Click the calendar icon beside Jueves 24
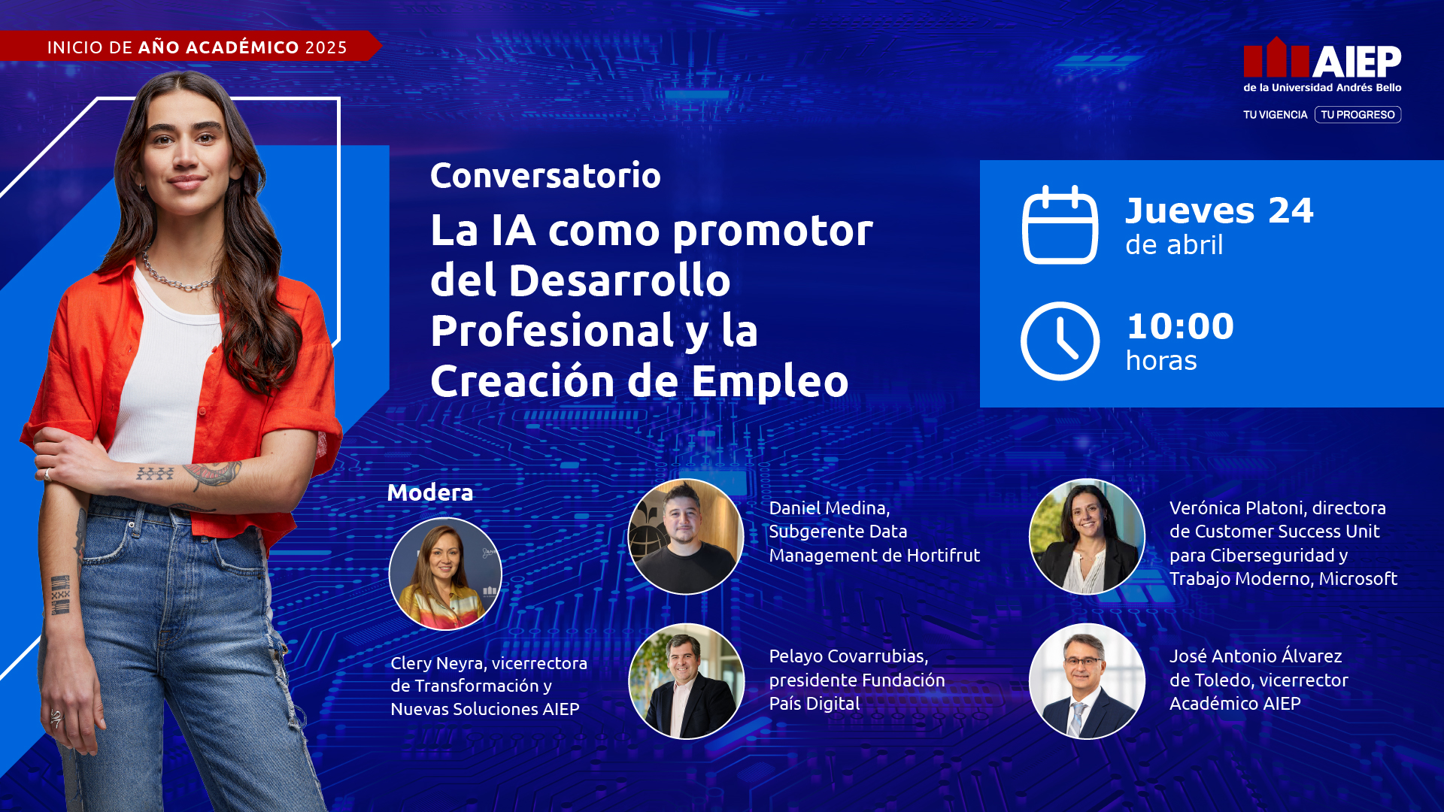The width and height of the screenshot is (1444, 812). click(1060, 225)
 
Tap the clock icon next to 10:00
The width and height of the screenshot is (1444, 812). click(1060, 341)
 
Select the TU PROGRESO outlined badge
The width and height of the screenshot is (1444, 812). click(1358, 115)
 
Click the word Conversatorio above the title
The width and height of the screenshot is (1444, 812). click(545, 176)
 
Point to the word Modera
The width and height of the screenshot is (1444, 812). click(430, 492)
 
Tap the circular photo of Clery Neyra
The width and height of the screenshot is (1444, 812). click(445, 574)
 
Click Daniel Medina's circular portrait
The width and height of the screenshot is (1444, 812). click(685, 537)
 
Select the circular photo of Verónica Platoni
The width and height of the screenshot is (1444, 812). click(1087, 537)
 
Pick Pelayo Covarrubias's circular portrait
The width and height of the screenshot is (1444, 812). click(685, 681)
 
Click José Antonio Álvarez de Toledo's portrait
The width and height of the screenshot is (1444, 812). click(1087, 681)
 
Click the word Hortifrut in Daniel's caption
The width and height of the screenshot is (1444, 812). click(943, 556)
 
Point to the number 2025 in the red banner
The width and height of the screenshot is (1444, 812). click(326, 47)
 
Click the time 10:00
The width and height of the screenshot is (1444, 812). click(1180, 327)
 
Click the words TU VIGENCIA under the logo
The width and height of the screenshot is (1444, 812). click(1275, 115)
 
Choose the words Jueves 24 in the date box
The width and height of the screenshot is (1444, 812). click(1219, 211)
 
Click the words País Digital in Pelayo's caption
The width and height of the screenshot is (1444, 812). click(814, 704)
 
